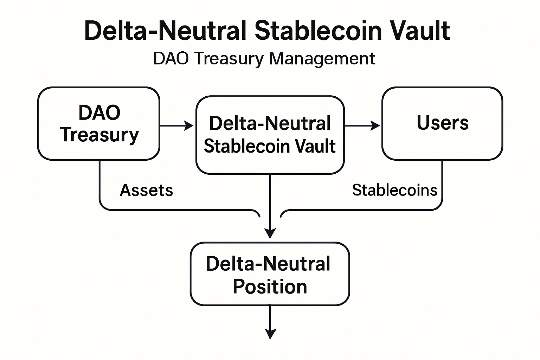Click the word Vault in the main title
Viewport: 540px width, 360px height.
coord(420,31)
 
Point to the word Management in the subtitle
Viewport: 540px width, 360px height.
coord(322,58)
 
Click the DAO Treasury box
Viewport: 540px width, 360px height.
coord(99,123)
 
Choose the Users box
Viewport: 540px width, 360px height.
coord(442,123)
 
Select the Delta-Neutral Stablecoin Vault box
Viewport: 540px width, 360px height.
coord(270,135)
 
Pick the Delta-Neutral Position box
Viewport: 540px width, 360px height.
coord(270,274)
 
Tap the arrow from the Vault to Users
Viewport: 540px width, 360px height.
coord(362,126)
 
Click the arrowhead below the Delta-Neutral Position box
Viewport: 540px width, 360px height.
coord(270,334)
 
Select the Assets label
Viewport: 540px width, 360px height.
coord(146,191)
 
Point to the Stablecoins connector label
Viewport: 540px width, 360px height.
coord(394,191)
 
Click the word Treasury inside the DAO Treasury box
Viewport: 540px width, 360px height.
coord(99,135)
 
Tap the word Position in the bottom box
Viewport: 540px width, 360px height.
coord(270,287)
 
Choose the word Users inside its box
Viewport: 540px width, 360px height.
coord(442,123)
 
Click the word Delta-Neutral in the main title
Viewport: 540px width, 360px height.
coord(165,31)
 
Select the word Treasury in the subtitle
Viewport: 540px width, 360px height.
coord(229,58)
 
